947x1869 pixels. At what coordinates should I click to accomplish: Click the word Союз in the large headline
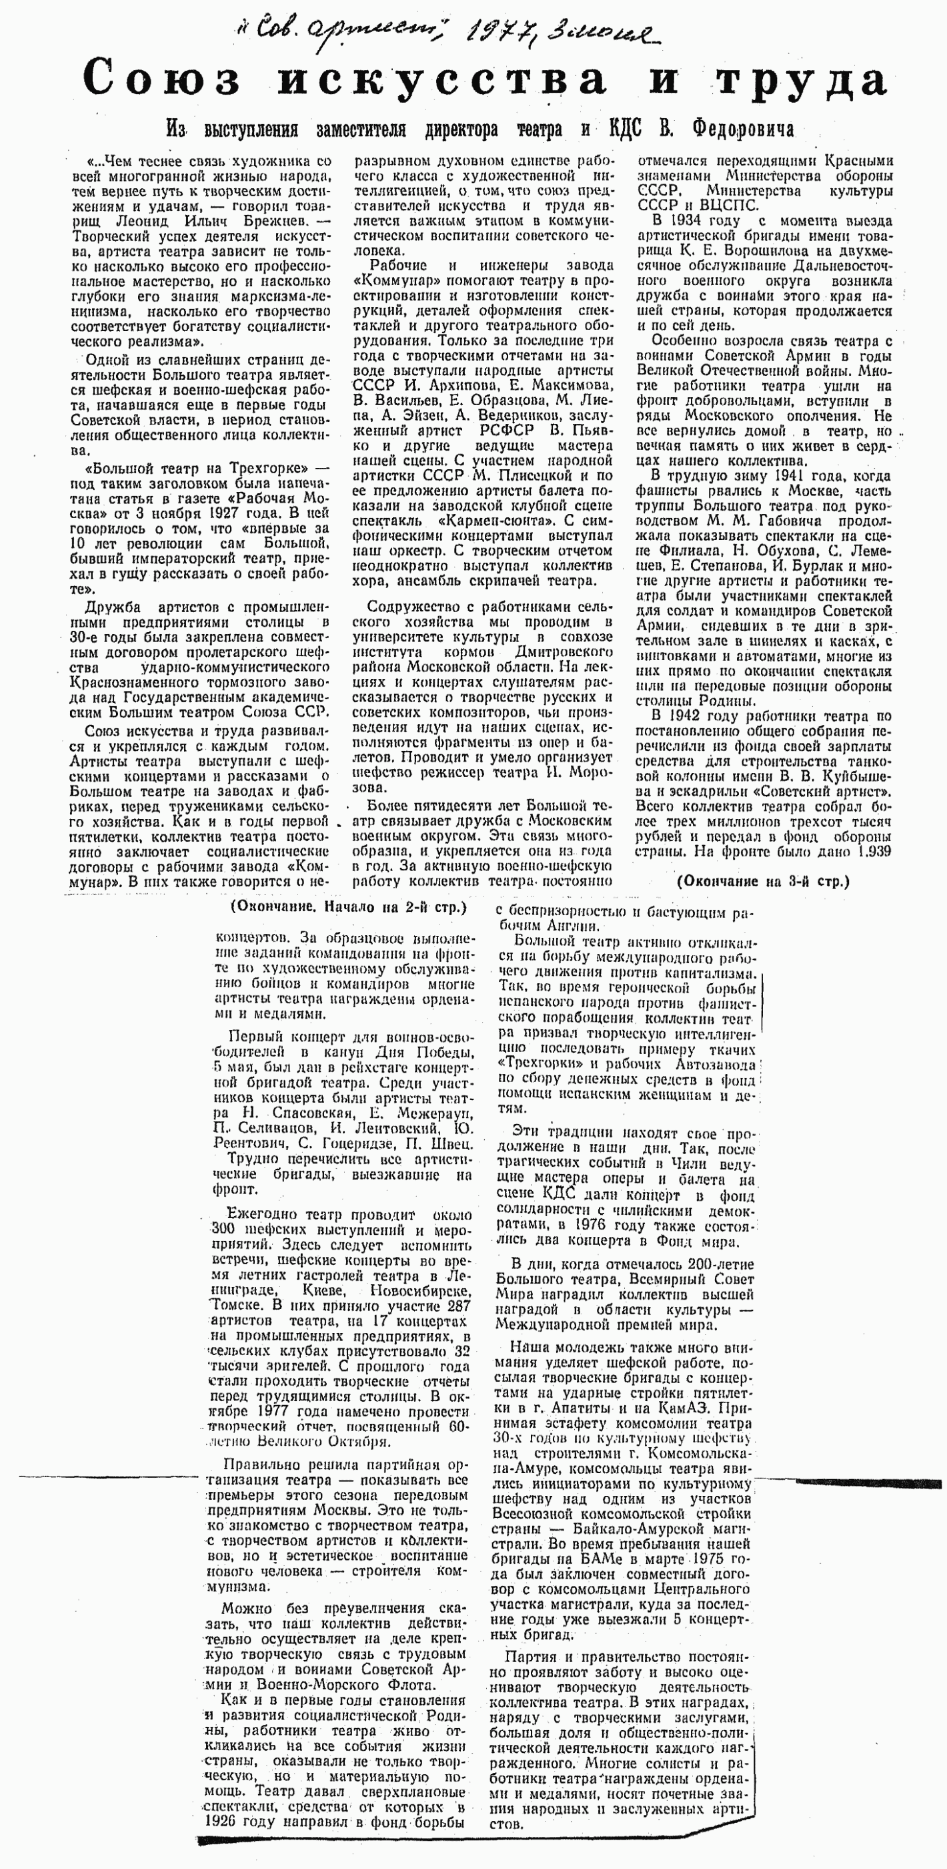(161, 77)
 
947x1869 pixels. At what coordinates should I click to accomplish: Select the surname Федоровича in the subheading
(742, 129)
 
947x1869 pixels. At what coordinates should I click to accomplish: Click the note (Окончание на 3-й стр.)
(762, 882)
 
